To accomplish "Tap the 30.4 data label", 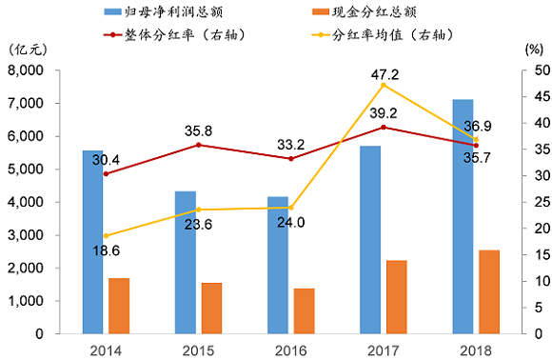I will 107,160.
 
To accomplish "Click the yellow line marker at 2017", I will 384,85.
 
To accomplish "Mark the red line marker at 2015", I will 198,145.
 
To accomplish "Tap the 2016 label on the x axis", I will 290,350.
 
